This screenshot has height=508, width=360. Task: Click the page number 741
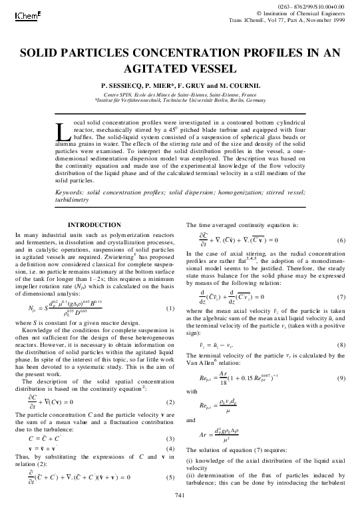(179, 496)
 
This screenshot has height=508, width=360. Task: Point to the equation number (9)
(341, 378)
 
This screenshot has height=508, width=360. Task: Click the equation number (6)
(341, 240)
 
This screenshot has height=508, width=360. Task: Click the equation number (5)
(170, 477)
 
